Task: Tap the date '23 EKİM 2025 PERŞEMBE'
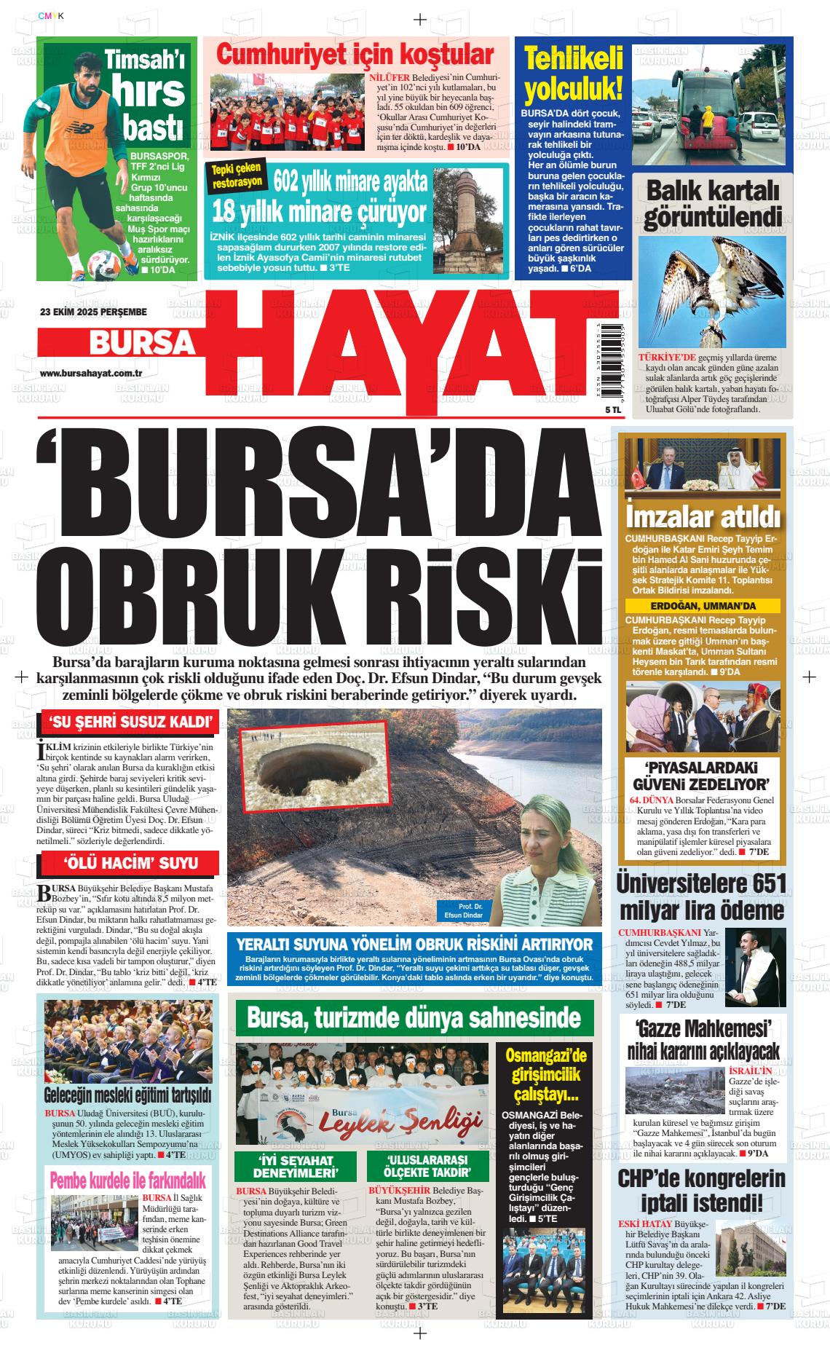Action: [93, 312]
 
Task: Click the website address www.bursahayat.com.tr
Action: [90, 373]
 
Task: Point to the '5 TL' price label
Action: [593, 410]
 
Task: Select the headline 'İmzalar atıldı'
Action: [702, 517]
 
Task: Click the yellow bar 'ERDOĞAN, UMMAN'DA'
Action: [702, 606]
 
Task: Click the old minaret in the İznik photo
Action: [459, 218]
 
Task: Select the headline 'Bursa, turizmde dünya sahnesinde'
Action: [414, 1017]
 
